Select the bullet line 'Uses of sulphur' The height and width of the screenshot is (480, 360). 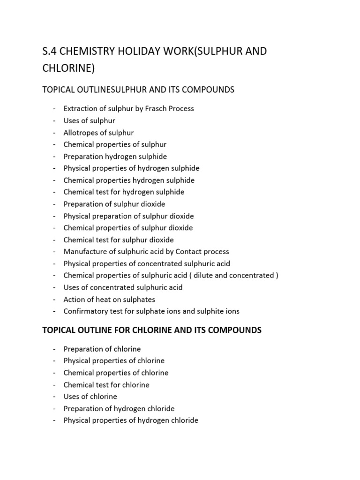[89, 120]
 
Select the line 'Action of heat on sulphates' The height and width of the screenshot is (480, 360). [109, 300]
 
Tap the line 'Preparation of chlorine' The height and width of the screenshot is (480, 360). [102, 349]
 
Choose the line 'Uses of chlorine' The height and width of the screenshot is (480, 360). [90, 397]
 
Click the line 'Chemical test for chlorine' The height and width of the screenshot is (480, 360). [106, 385]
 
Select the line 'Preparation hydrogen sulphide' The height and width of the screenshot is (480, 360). [115, 157]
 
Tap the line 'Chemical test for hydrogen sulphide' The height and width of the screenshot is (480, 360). [124, 192]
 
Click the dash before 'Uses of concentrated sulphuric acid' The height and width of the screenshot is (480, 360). [54, 287]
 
